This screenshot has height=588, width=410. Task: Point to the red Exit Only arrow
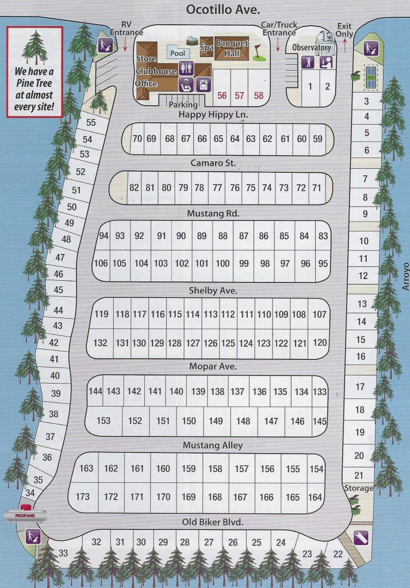(344, 45)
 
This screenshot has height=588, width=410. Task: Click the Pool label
(177, 52)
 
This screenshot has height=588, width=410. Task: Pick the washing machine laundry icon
(202, 85)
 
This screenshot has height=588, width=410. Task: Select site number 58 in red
(259, 96)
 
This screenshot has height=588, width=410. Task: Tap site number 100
(223, 264)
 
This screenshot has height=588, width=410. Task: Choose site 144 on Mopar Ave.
(95, 391)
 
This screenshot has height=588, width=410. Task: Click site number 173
(83, 497)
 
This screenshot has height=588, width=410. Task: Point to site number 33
(63, 553)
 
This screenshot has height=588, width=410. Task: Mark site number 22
(338, 554)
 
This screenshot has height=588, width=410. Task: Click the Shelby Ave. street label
(213, 291)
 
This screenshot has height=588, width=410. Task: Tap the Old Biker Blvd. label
(213, 522)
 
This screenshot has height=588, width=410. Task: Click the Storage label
(359, 488)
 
